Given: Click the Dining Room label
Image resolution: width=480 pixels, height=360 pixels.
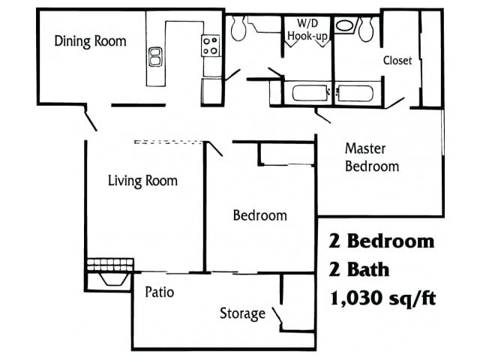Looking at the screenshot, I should coord(90,41).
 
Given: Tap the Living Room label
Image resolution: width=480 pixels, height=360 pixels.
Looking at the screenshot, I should coord(142,181).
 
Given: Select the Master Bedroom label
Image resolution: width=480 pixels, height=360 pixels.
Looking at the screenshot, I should coord(371,157).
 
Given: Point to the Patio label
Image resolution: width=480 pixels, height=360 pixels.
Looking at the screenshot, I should coord(159,292).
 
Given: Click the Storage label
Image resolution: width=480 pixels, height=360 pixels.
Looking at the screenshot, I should coord(242,313).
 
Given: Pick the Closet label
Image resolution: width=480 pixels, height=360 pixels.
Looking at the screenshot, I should coord(397,61).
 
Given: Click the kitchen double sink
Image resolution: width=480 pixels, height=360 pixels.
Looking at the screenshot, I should coord(155,56).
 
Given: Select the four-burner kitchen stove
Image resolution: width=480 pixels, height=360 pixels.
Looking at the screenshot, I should coord(211,46).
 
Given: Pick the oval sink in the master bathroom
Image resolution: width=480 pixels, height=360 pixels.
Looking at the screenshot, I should coord(345,25).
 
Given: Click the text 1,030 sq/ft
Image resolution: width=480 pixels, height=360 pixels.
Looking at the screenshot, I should coord(382,298).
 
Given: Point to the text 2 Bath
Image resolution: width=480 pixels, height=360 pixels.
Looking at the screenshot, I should coord(359,270).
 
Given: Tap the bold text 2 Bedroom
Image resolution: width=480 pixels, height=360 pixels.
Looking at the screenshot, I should coord(382,241).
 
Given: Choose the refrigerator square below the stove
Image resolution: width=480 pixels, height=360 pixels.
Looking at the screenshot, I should coord(211,91).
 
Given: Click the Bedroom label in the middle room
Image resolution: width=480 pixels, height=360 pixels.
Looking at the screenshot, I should coord(259,216).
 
